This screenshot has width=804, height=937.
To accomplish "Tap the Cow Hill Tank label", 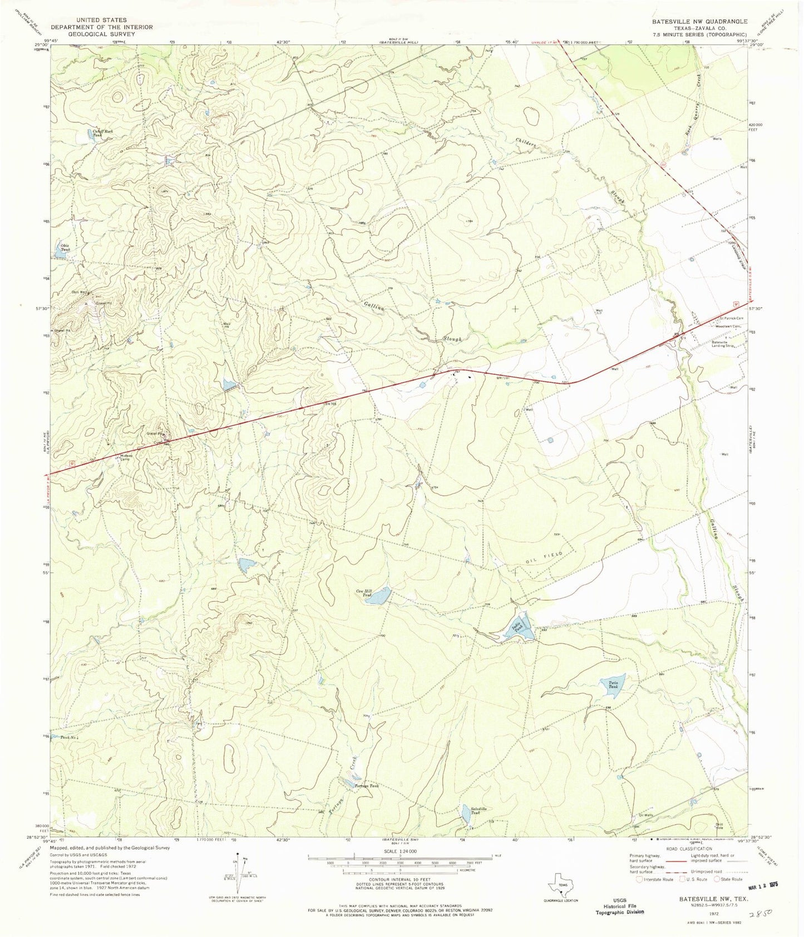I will click(x=363, y=593).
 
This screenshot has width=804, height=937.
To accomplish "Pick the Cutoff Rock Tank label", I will click(x=97, y=132).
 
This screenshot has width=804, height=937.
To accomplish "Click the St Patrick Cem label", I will click(x=731, y=319).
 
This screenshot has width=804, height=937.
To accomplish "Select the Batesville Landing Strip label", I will click(x=724, y=344).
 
